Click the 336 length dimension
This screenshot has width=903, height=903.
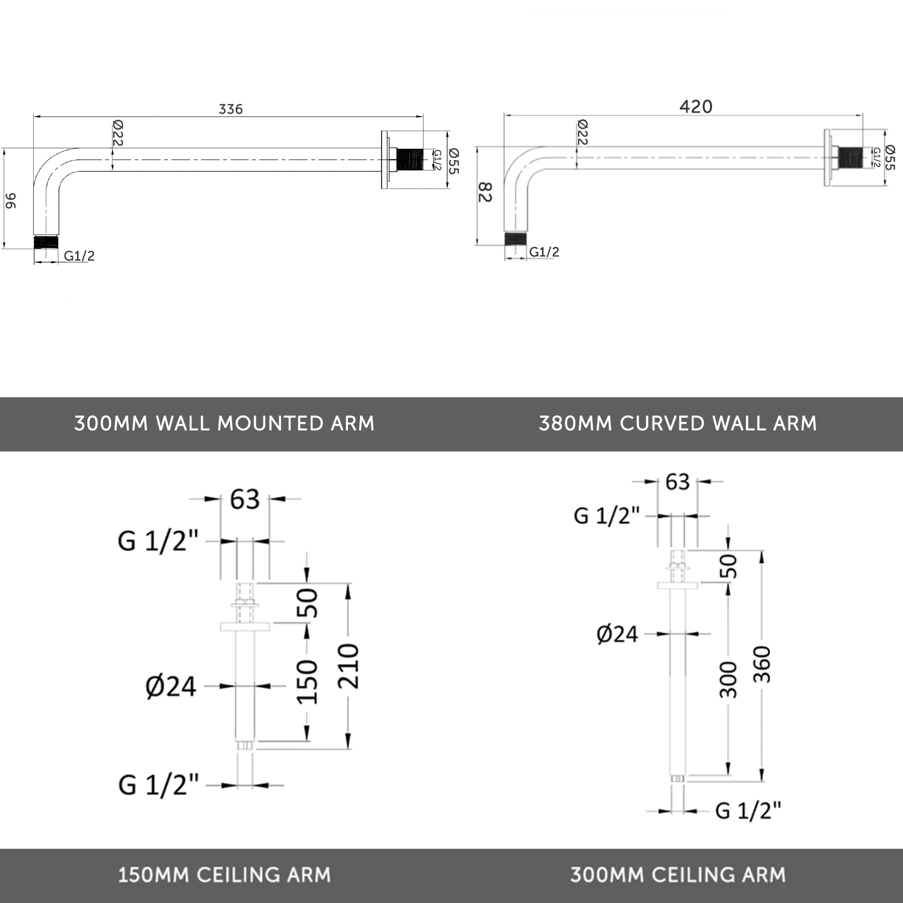tap(231, 109)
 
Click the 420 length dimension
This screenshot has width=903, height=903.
tap(696, 107)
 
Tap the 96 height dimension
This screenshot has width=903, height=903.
tap(11, 200)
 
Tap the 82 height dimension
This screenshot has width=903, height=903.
tap(485, 193)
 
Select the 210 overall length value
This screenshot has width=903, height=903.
tap(349, 666)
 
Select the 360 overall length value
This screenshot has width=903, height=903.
tap(762, 664)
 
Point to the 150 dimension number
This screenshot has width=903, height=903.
tap(307, 681)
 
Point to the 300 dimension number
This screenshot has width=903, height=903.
tap(728, 680)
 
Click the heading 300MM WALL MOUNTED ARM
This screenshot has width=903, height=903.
tap(224, 423)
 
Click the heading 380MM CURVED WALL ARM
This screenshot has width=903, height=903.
tap(678, 423)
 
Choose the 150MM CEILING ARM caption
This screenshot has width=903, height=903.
tap(224, 875)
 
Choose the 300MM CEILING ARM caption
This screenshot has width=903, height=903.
tap(678, 875)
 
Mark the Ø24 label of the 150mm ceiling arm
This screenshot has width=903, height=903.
tap(171, 686)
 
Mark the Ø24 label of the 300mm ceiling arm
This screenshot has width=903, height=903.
tap(617, 634)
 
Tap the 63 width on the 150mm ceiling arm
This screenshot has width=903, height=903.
tap(244, 499)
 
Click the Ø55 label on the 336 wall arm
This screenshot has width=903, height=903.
tap(453, 161)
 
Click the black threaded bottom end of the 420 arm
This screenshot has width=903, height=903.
tap(516, 238)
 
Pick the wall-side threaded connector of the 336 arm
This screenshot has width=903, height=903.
tap(409, 160)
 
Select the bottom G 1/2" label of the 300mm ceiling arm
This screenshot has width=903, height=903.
tap(748, 811)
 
